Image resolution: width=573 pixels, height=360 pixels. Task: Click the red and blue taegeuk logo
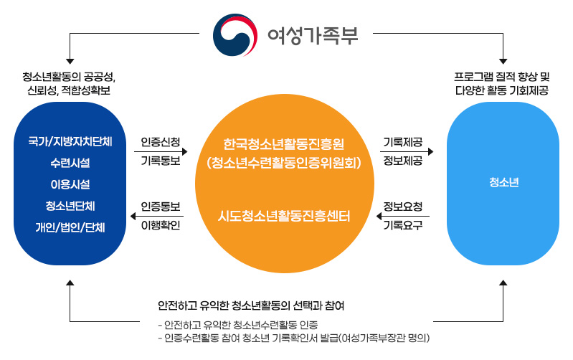(x=235, y=35)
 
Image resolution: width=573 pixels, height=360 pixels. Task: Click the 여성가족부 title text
(x=313, y=35)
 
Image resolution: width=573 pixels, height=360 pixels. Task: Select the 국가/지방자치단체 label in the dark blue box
(x=70, y=141)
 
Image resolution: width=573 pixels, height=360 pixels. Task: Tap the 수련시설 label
(x=70, y=163)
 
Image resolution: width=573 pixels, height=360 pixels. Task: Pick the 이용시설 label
(x=70, y=184)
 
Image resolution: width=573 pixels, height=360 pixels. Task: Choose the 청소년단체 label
(x=70, y=206)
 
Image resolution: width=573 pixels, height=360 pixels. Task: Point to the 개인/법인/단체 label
(x=70, y=227)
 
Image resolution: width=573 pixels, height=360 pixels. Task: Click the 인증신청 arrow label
(x=161, y=142)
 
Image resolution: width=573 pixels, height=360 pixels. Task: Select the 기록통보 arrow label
(x=161, y=161)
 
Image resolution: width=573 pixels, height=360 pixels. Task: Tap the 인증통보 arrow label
(x=161, y=207)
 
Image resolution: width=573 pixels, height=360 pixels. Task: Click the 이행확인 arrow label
(x=161, y=225)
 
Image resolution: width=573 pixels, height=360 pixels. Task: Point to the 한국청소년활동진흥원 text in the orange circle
(x=284, y=144)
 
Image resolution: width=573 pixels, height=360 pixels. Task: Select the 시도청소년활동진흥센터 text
(x=284, y=216)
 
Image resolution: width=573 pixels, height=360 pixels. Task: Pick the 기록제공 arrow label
(x=403, y=142)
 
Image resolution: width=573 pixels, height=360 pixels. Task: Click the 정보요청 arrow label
(x=403, y=207)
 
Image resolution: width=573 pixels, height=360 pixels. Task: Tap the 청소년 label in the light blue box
(x=504, y=182)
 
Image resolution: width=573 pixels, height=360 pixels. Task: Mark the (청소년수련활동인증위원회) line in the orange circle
(x=284, y=163)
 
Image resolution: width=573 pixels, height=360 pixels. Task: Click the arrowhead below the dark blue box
(x=70, y=283)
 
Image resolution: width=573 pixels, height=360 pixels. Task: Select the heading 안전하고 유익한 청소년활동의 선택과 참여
(x=251, y=305)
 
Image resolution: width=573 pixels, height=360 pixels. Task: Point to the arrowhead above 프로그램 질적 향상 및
(x=503, y=62)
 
